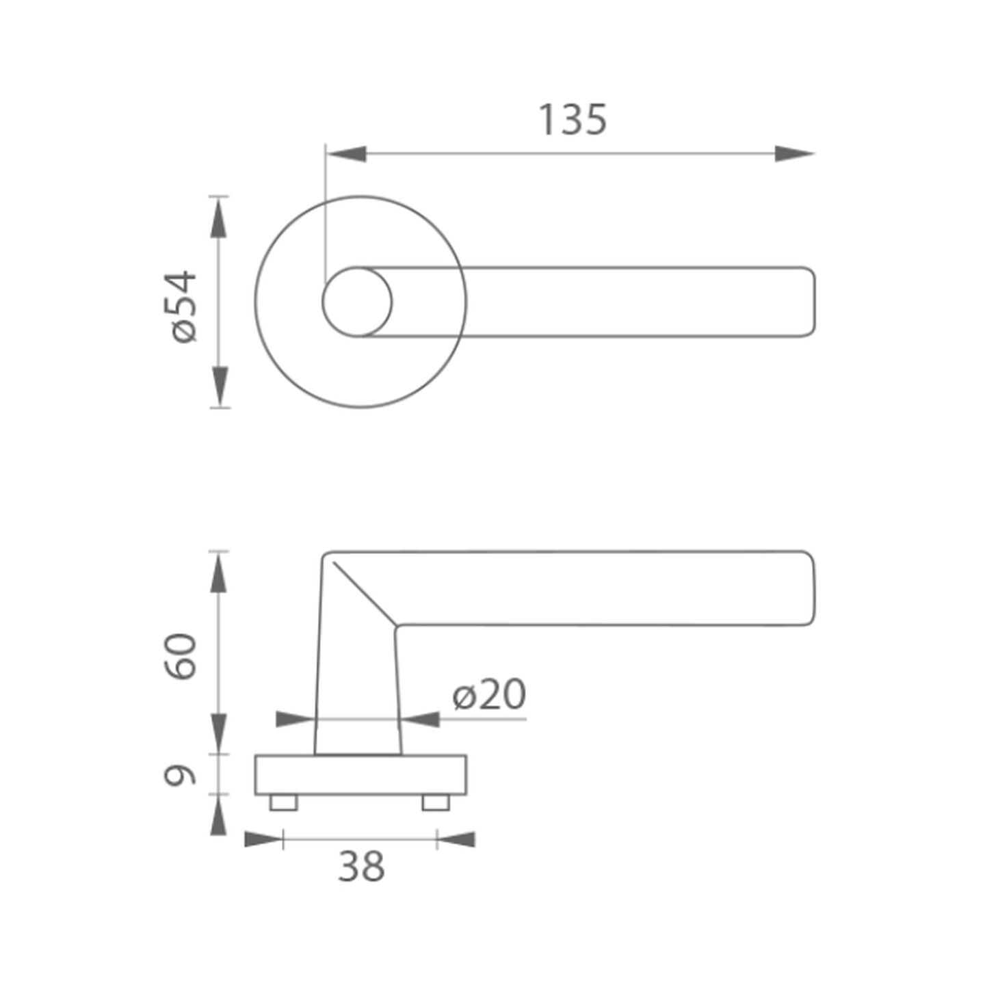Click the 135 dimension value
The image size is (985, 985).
(573, 120)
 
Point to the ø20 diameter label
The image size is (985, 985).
(489, 694)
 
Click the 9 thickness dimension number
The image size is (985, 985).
(180, 776)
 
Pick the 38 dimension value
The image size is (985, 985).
(361, 867)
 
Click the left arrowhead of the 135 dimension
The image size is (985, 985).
(347, 153)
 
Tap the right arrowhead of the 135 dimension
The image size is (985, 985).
(795, 153)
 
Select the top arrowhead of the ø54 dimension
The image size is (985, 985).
(218, 218)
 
